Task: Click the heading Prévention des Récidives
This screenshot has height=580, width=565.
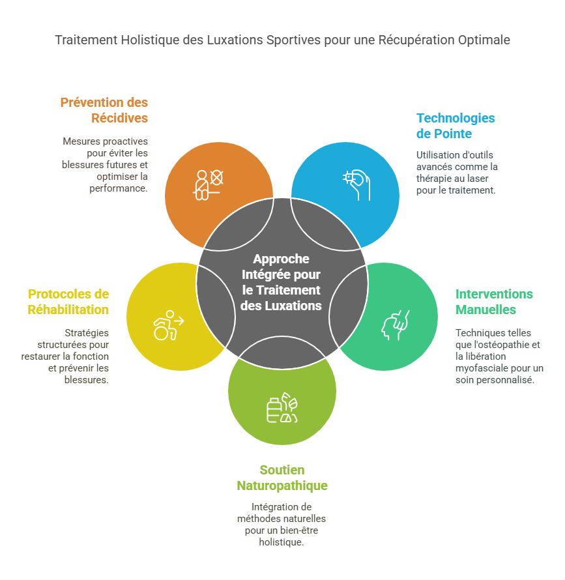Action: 104,110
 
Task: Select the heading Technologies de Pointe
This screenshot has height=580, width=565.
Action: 456,126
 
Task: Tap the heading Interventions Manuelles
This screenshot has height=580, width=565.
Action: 494,301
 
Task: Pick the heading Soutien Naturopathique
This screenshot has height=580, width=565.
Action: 282,478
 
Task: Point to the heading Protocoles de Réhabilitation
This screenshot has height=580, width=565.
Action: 68,302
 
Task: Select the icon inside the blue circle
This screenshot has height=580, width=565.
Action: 356,184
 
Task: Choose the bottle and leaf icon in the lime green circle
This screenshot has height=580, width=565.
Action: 282,409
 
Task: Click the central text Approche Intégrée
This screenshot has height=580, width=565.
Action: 282,282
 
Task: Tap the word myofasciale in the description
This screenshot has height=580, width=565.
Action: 481,369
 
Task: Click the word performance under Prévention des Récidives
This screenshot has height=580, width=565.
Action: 119,188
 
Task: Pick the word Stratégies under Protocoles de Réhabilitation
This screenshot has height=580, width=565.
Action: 87,333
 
